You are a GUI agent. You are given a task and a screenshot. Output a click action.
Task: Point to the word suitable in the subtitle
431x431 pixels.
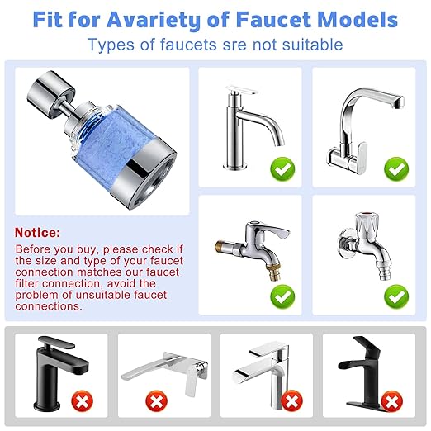pos(307,45)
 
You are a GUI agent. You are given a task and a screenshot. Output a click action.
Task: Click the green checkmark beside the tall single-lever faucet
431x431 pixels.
pos(282,170)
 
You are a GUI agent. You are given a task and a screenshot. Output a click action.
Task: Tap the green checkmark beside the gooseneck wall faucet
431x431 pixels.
pos(396,170)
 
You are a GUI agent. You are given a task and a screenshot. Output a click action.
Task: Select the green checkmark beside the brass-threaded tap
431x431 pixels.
pos(282,294)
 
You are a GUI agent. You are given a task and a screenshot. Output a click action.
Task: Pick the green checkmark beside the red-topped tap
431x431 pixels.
pos(396,294)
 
